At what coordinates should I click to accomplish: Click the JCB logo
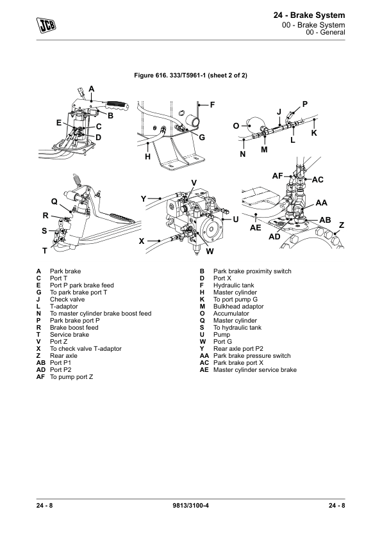pos(46,25)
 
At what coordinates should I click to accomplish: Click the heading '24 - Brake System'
pos(309,15)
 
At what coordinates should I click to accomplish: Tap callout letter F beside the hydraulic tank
pos(212,105)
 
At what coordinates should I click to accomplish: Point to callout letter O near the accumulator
pos(236,126)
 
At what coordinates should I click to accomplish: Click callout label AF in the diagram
pos(278,176)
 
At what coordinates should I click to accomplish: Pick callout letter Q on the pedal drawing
pos(54,202)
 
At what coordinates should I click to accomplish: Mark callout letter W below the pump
pos(210,252)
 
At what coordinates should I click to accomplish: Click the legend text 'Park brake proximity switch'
pos(253,271)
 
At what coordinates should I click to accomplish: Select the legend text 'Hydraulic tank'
pos(234,286)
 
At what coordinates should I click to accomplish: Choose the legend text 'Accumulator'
pos(231,314)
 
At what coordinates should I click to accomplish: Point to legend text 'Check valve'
pos(67,300)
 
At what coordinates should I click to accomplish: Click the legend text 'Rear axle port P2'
pos(238,349)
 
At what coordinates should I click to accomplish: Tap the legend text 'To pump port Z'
pos(71,377)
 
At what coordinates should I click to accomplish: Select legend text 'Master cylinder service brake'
pos(255,370)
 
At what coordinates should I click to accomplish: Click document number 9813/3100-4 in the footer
pos(190,505)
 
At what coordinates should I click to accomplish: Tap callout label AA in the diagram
pos(321,203)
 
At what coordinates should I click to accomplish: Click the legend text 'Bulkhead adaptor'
pos(238,306)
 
